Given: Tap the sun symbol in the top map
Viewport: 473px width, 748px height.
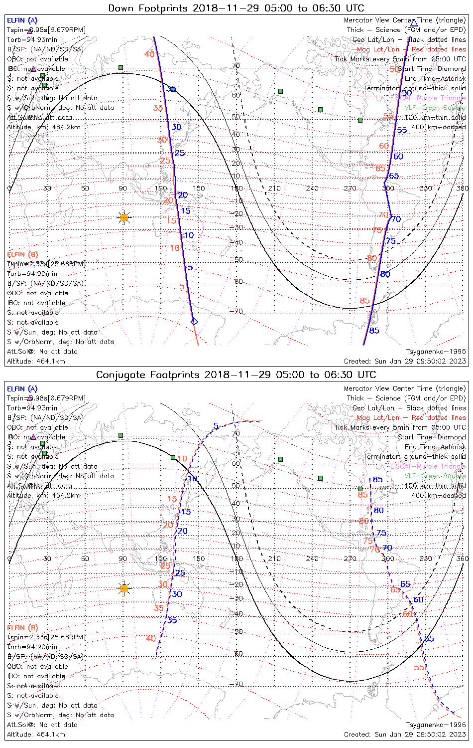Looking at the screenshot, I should click(x=124, y=217).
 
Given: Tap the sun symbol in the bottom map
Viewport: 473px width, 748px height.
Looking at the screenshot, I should click(x=124, y=588).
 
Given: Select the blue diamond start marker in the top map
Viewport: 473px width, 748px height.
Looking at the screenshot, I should click(x=194, y=322).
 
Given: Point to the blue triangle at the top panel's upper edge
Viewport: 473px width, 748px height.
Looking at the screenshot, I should click(x=413, y=22).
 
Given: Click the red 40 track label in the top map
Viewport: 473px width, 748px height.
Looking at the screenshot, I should click(x=149, y=54).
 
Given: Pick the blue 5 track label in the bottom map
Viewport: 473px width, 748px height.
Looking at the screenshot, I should click(x=216, y=426).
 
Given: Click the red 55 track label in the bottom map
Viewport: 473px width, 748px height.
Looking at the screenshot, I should click(x=419, y=668).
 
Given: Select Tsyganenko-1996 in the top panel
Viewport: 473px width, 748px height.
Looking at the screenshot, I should click(x=436, y=352).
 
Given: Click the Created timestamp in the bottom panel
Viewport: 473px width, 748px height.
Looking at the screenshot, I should click(x=405, y=735).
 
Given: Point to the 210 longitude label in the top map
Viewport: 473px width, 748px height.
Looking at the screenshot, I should click(x=274, y=188).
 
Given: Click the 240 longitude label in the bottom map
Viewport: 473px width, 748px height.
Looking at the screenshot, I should click(x=312, y=559).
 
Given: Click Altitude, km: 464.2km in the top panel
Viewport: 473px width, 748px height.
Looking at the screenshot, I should click(x=44, y=127).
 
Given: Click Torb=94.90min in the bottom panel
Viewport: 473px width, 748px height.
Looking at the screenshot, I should click(x=32, y=647).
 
